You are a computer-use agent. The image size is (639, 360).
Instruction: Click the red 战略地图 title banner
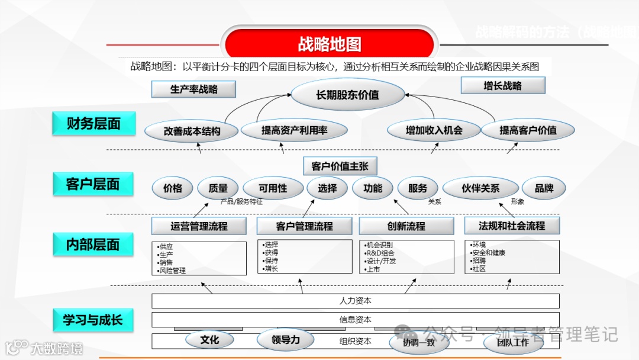pyautogui.click(x=329, y=44)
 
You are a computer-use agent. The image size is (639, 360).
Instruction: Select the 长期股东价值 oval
pyautogui.click(x=347, y=94)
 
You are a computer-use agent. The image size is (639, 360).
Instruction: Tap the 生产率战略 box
pyautogui.click(x=194, y=89)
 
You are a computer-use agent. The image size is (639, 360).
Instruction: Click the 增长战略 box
pyautogui.click(x=502, y=86)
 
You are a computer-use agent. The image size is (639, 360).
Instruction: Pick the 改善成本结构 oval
pyautogui.click(x=192, y=131)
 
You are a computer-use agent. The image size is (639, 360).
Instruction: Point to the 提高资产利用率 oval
pyautogui.click(x=294, y=130)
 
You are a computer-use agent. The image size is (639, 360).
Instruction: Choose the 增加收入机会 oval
pyautogui.click(x=434, y=130)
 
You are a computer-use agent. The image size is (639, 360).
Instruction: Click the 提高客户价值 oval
pyautogui.click(x=528, y=130)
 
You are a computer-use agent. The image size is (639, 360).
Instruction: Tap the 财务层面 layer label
pyautogui.click(x=93, y=124)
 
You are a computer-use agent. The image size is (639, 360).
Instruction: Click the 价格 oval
pyautogui.click(x=173, y=188)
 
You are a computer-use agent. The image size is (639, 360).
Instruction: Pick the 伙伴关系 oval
pyautogui.click(x=480, y=188)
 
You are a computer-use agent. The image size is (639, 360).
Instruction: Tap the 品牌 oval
pyautogui.click(x=544, y=188)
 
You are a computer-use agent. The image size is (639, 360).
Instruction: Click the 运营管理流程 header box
pyautogui.click(x=199, y=226)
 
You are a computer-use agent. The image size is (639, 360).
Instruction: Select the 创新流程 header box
pyautogui.click(x=406, y=226)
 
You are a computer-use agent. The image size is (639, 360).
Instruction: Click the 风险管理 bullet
pyautogui.click(x=172, y=271)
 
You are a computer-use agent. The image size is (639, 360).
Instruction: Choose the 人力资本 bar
pyautogui.click(x=356, y=301)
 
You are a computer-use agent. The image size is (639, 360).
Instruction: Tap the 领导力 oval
pyautogui.click(x=286, y=340)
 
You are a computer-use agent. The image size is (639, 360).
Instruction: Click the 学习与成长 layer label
pyautogui.click(x=93, y=320)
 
